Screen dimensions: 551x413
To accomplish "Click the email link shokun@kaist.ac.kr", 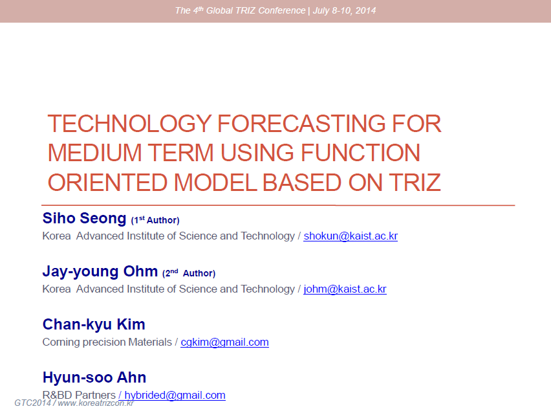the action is click(351, 236).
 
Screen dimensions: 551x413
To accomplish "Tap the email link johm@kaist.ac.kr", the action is click(345, 289).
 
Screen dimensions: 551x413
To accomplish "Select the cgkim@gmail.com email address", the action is click(224, 342).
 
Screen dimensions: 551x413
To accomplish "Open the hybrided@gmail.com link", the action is click(175, 395).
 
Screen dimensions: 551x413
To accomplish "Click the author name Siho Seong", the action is click(84, 218).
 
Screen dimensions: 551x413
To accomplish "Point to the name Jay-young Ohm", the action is click(100, 272).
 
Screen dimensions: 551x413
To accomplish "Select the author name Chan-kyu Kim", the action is click(94, 325).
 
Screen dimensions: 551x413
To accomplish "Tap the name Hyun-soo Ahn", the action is click(94, 377).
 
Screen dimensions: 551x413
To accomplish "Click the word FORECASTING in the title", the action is click(301, 124).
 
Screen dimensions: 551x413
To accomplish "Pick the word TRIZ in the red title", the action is click(415, 183).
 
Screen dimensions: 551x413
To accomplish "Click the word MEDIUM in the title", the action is click(95, 153).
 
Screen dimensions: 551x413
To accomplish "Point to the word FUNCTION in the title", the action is click(360, 153).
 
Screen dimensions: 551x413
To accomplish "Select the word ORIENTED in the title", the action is click(107, 183).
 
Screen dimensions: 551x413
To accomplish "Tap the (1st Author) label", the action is click(155, 220).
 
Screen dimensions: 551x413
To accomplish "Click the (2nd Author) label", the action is click(189, 273).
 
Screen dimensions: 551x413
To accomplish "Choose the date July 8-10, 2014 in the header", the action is click(344, 10).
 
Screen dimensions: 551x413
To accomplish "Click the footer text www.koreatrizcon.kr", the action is click(96, 403).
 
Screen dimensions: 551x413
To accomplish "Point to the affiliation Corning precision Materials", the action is click(107, 342).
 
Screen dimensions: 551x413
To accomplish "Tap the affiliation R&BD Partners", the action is click(79, 395).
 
